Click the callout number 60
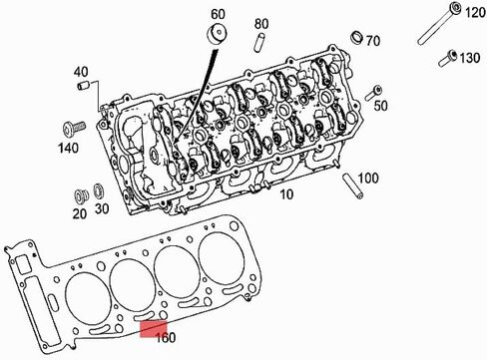(x=218, y=14)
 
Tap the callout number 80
(x=261, y=24)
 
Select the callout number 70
(x=373, y=41)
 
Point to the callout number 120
(x=475, y=13)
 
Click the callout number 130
(x=470, y=58)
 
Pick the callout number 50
(x=381, y=106)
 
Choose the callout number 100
(x=368, y=179)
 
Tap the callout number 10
(x=286, y=194)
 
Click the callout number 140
(x=69, y=148)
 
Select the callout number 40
(x=81, y=72)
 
